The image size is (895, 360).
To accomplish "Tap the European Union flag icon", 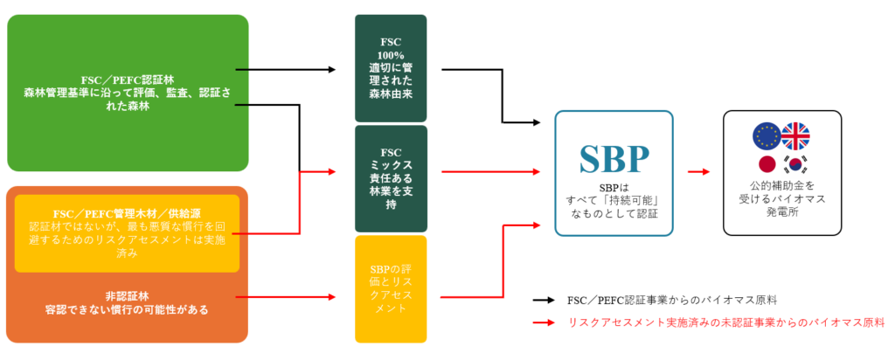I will coord(767,135).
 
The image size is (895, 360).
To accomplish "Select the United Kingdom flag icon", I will coord(795,135).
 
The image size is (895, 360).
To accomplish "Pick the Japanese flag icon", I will coord(767,165).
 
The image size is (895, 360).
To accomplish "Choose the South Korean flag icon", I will coord(795,165).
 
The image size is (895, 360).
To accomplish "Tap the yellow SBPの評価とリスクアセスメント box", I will coord(390,288).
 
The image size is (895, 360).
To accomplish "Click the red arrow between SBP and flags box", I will coord(697,172).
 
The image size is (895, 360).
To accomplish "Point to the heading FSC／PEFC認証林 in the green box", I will coord(128,78).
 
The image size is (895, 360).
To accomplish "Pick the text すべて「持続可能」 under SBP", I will coord(614,200).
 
